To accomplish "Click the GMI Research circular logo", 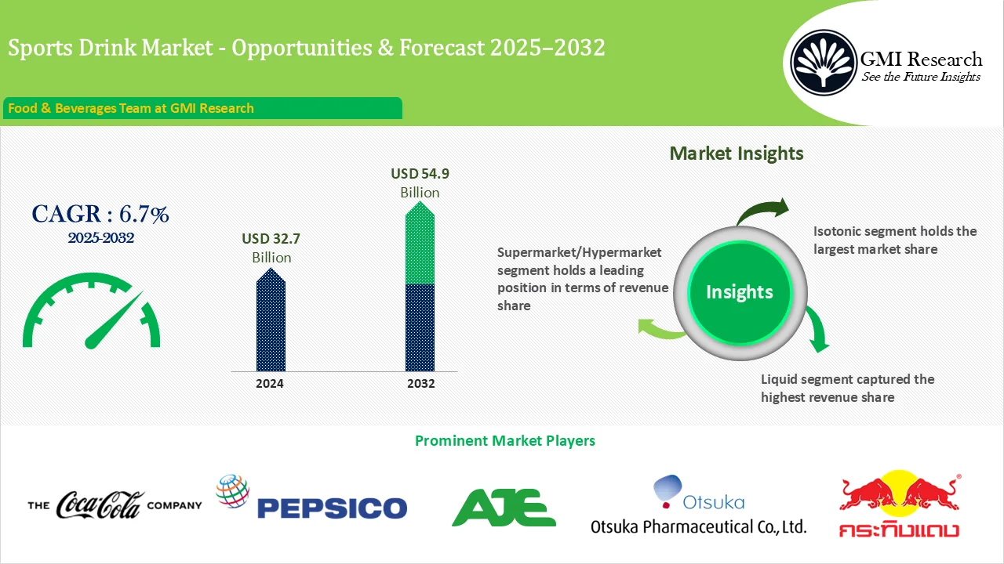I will (824, 62).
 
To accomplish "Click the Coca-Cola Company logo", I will (115, 505).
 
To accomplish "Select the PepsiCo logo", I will (312, 498).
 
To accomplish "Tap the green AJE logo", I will (504, 507).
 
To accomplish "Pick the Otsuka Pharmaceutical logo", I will (698, 506).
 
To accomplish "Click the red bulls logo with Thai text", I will (899, 506).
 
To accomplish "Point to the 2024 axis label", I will (270, 384).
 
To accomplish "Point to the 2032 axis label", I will (420, 384).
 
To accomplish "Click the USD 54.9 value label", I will (420, 174).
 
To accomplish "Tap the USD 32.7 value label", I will (271, 239).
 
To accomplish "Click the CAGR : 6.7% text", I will (100, 214).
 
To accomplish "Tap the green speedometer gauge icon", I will (91, 312).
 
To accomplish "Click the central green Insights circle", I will (739, 292).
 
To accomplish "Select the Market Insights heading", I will (736, 154).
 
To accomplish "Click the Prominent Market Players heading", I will (504, 441).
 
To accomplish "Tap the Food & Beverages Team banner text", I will (131, 108).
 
